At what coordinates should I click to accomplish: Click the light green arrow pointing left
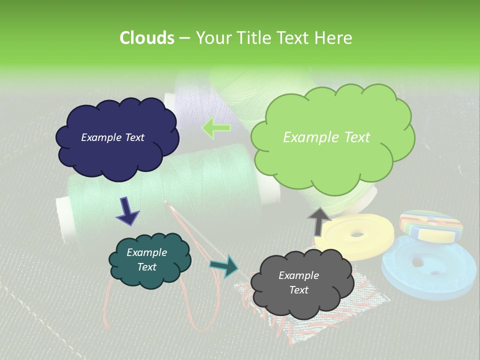215,128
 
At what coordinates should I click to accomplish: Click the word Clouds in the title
146,38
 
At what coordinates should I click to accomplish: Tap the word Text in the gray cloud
298,290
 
